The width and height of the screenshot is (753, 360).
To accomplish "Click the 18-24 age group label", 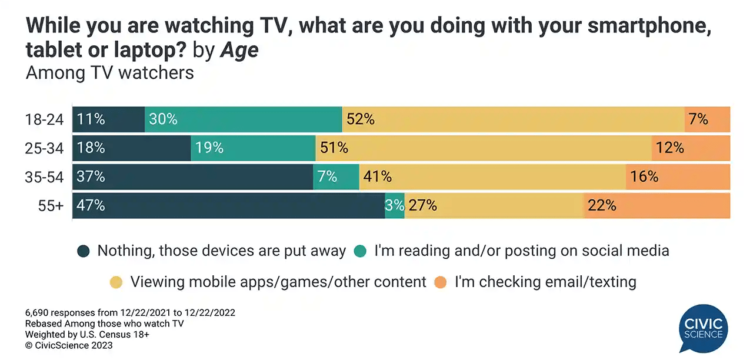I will tap(44, 119).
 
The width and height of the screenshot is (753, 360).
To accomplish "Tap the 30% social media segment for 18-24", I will tap(243, 119).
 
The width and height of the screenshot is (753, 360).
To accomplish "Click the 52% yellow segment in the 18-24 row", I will tap(513, 119).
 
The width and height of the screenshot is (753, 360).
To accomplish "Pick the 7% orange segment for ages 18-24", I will tap(707, 119).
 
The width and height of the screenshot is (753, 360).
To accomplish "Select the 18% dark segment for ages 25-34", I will tap(131, 148).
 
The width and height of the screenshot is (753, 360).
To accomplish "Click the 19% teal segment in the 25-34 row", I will tap(253, 148).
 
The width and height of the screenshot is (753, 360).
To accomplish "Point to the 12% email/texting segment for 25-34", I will tap(691, 148).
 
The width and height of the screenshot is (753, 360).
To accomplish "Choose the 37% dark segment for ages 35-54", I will tap(192, 176).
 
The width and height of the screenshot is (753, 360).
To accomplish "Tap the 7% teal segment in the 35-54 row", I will tap(335, 176).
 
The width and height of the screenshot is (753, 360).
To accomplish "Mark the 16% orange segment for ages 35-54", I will tap(678, 176).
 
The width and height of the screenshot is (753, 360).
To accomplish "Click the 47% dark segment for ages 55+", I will tap(228, 205).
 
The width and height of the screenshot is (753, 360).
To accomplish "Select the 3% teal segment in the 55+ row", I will tap(395, 205).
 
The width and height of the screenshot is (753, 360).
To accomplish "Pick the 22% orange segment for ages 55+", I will tap(657, 205).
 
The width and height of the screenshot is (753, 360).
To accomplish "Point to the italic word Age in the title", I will tap(239, 51).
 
